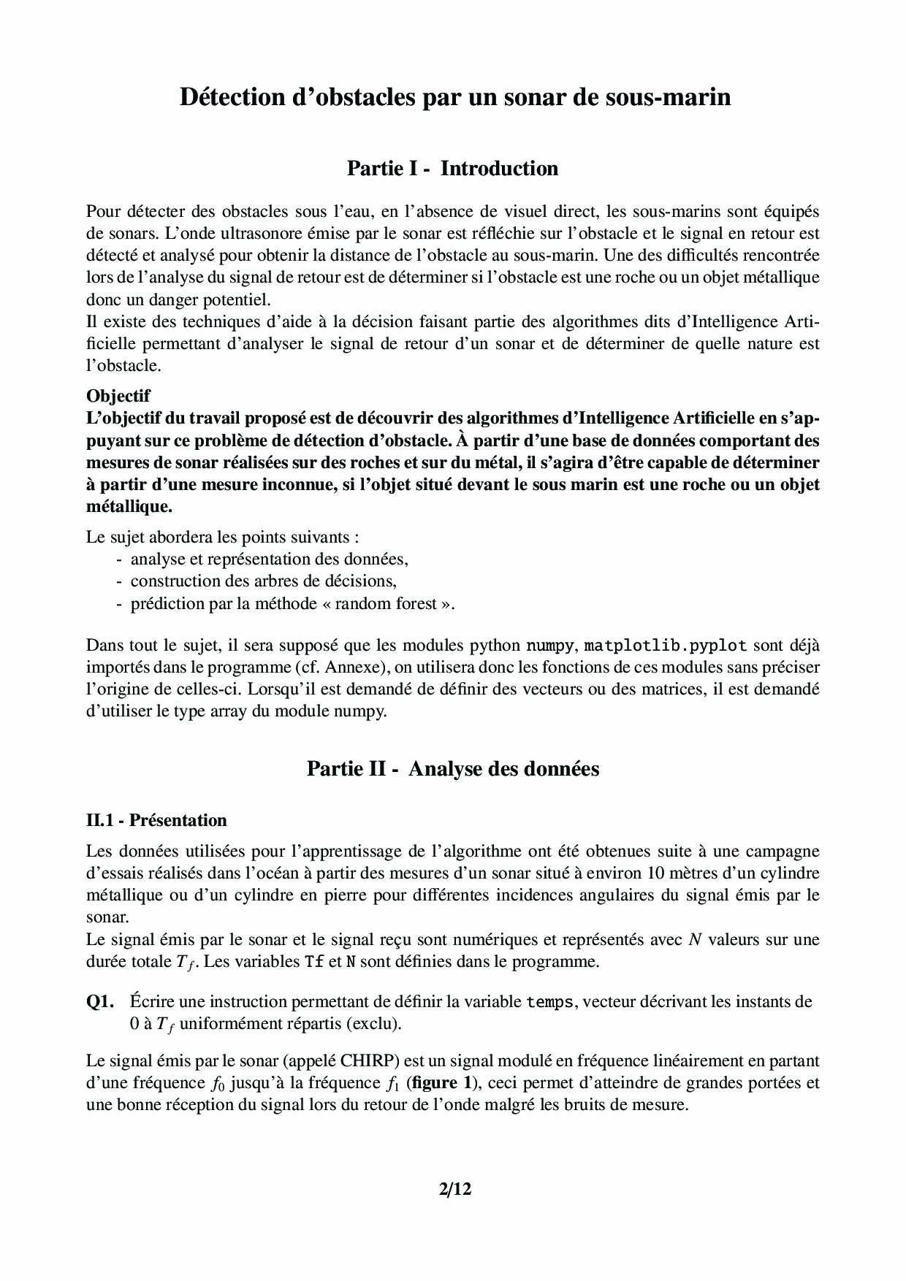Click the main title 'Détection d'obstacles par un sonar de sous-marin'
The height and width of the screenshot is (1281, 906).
coord(455,97)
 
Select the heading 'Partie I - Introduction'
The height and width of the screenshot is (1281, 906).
coord(452,169)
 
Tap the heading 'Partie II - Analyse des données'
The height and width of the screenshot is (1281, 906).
coord(452,769)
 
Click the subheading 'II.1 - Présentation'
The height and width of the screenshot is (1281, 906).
coord(156,820)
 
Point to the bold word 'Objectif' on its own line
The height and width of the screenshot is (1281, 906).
coord(118,396)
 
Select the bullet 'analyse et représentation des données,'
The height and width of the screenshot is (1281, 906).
coord(269,559)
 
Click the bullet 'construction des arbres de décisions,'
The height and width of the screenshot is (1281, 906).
coord(263,581)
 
